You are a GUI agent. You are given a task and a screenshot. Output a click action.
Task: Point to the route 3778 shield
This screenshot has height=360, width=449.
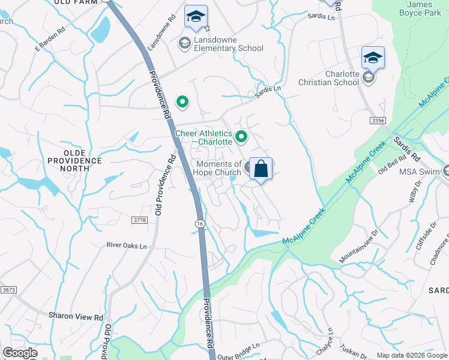pyautogui.click(x=139, y=221)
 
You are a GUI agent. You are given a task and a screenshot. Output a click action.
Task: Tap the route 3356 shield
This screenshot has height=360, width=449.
pyautogui.click(x=378, y=121)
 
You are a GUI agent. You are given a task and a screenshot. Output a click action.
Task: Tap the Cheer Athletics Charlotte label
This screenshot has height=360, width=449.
pyautogui.click(x=203, y=137)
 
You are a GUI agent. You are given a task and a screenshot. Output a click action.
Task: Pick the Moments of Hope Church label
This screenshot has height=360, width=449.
pyautogui.click(x=218, y=168)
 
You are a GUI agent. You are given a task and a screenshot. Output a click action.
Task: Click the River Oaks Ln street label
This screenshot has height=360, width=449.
pyautogui.click(x=126, y=245)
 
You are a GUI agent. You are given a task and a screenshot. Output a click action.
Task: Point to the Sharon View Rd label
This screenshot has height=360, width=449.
pyautogui.click(x=76, y=316)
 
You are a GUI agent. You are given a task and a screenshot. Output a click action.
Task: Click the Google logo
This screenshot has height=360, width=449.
pyautogui.click(x=20, y=353)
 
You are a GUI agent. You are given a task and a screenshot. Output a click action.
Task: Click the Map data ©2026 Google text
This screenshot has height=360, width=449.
pyautogui.click(x=411, y=355)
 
